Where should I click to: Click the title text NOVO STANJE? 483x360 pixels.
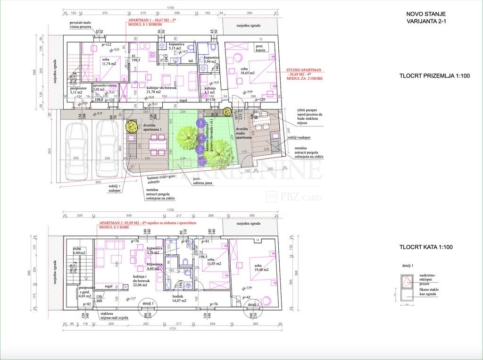pos(426,15)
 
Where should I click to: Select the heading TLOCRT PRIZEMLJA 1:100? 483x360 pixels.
pos(434,76)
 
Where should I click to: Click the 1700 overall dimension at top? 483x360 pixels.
pos(170,8)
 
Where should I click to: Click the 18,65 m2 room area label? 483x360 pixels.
pos(247,73)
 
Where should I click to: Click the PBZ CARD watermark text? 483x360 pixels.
pos(300,197)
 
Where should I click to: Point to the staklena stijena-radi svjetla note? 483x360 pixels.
pos(114,315)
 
